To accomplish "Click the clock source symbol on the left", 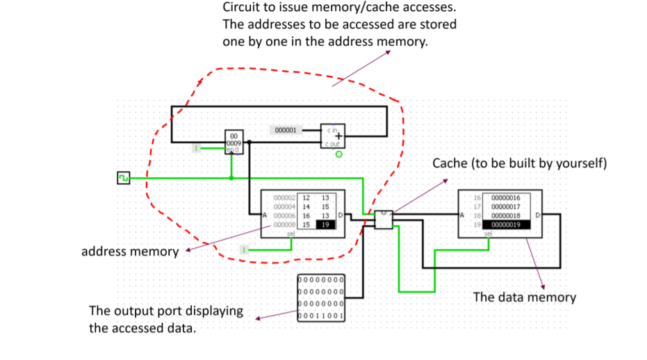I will pyautogui.click(x=123, y=179).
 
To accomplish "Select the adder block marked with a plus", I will pyautogui.click(x=331, y=136).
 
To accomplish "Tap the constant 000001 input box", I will pyautogui.click(x=285, y=130).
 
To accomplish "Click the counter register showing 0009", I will pyautogui.click(x=234, y=142).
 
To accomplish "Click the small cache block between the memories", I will pyautogui.click(x=384, y=220).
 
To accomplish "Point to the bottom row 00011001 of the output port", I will pyautogui.click(x=321, y=316).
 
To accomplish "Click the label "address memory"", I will pyautogui.click(x=130, y=251).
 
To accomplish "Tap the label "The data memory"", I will pyautogui.click(x=524, y=297).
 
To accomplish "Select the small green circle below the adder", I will pyautogui.click(x=338, y=154).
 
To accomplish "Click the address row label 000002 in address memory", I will pyautogui.click(x=285, y=198).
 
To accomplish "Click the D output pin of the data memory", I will pyautogui.click(x=537, y=216).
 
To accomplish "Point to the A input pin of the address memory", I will pyautogui.click(x=264, y=216).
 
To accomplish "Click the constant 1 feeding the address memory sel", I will pyautogui.click(x=244, y=249).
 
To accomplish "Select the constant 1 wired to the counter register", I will pyautogui.click(x=197, y=147).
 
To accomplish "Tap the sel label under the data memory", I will pyautogui.click(x=488, y=234).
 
